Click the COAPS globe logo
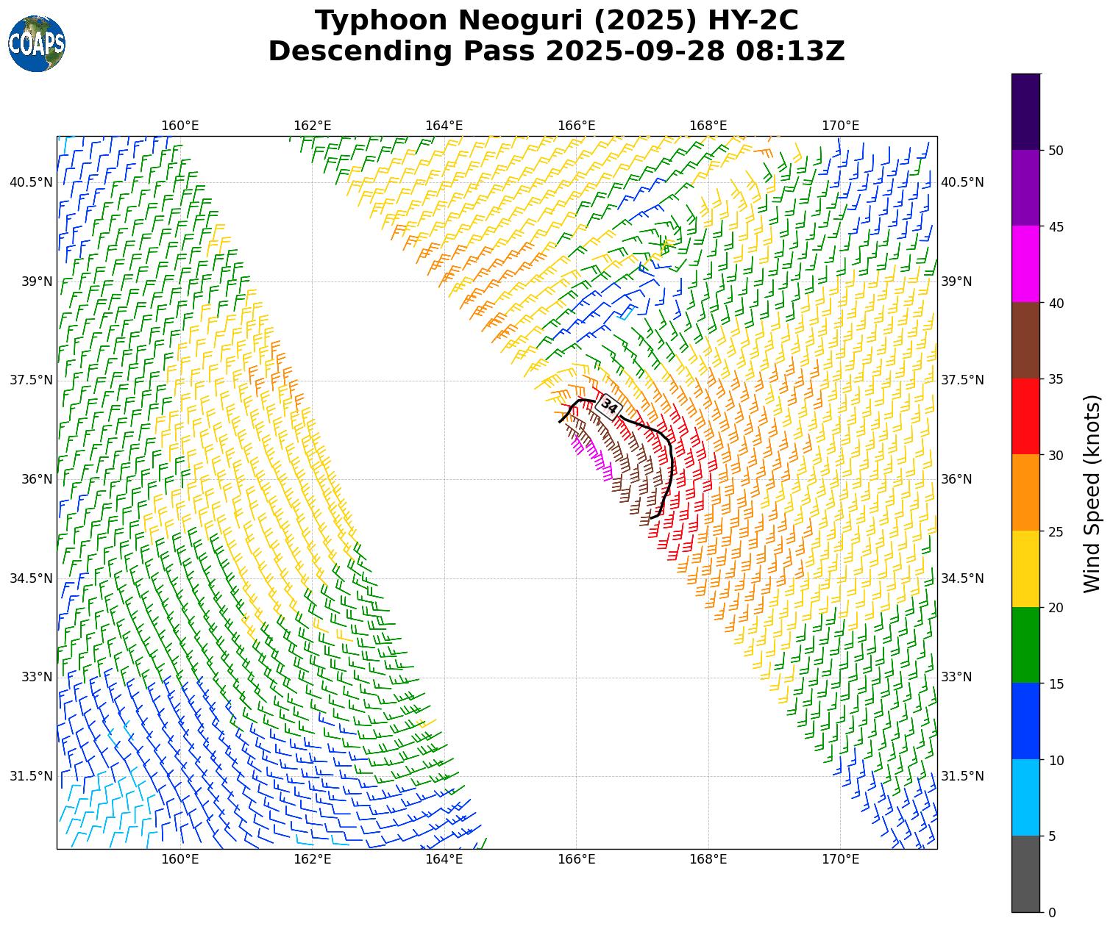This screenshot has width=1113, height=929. [x=37, y=44]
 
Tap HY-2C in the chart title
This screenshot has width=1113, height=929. [x=753, y=21]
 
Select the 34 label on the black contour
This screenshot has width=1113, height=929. [x=609, y=406]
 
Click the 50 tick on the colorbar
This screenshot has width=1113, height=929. [x=1056, y=151]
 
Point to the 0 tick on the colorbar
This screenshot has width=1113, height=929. [x=1052, y=913]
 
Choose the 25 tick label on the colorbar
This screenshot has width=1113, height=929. [x=1056, y=531]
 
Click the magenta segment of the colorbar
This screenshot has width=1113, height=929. [x=1025, y=264]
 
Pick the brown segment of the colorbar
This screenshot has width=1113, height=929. [x=1025, y=340]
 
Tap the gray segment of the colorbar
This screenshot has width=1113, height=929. [x=1025, y=874]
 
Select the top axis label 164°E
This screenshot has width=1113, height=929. [x=444, y=126]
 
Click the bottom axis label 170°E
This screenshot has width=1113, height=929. [x=840, y=859]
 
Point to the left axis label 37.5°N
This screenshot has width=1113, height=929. [x=31, y=380]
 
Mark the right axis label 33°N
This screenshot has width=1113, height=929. [x=956, y=677]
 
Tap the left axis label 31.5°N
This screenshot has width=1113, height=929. [x=31, y=776]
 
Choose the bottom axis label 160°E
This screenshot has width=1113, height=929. [x=180, y=859]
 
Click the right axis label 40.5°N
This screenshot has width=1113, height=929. [x=962, y=182]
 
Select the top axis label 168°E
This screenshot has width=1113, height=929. [x=708, y=126]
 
